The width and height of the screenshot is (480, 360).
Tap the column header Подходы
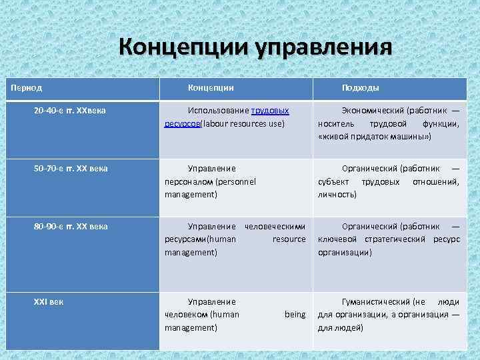(x=361, y=87)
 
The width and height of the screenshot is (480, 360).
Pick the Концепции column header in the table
(x=211, y=87)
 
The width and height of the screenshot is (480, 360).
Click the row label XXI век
(x=49, y=301)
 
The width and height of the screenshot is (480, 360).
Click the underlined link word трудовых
(x=270, y=110)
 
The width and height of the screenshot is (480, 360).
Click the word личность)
(x=337, y=194)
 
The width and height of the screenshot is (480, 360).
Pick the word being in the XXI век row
(x=295, y=314)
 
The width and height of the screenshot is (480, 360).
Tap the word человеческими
(x=275, y=226)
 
